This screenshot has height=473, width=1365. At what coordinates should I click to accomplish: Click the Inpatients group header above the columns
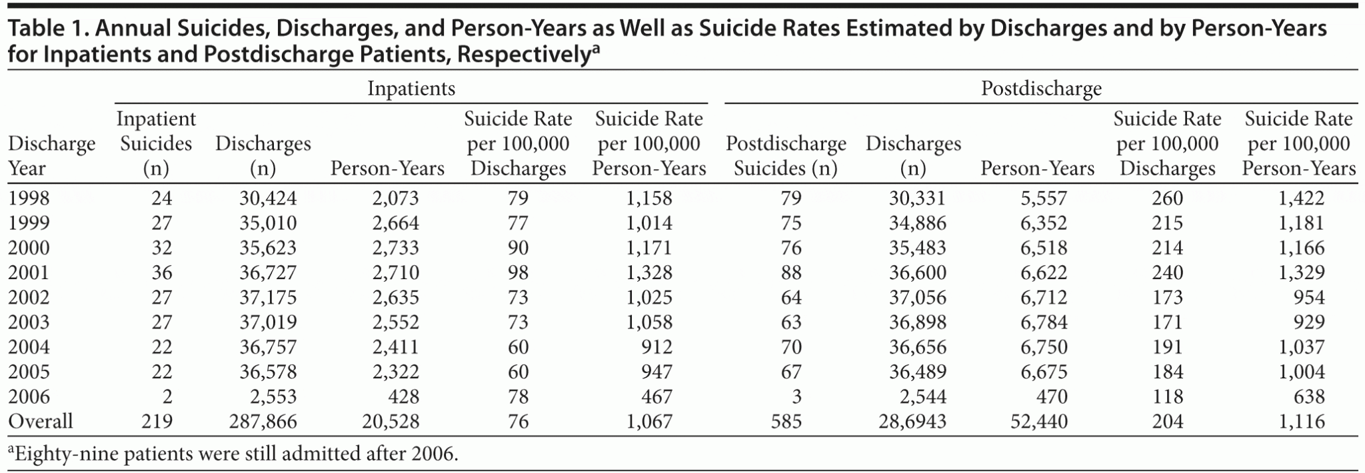[x=411, y=89]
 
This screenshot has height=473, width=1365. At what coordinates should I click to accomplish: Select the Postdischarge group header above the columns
[x=1041, y=89]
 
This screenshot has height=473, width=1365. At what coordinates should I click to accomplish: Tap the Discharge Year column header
[x=51, y=156]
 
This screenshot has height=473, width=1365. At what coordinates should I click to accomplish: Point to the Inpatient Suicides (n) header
[x=156, y=143]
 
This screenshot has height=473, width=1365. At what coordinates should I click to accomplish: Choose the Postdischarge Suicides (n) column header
[x=786, y=156]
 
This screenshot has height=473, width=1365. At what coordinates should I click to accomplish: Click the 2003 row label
[x=29, y=322]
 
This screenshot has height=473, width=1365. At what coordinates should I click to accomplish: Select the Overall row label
[x=40, y=421]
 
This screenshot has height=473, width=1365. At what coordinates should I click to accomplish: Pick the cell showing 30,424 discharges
[x=268, y=199]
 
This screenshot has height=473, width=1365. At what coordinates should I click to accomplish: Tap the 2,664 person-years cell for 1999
[x=395, y=223]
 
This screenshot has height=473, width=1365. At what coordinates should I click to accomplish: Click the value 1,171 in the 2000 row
[x=649, y=248]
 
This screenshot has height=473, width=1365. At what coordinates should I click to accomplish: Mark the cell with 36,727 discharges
[x=268, y=272]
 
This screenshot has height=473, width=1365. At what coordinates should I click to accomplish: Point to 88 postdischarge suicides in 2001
[x=791, y=272]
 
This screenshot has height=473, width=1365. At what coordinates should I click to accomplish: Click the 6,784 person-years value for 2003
[x=1044, y=322]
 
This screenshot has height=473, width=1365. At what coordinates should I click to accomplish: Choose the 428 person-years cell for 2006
[x=403, y=396]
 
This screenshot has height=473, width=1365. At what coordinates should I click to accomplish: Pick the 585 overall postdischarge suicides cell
[x=786, y=421]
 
